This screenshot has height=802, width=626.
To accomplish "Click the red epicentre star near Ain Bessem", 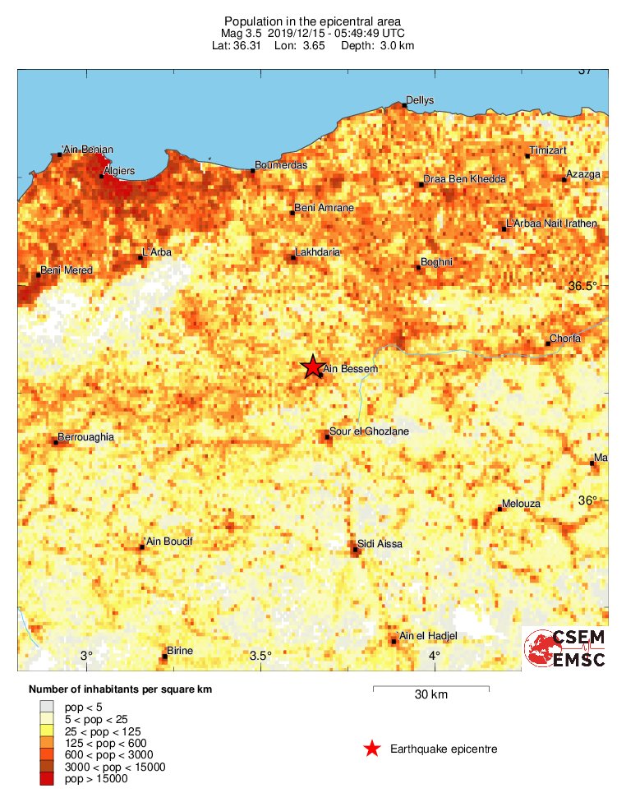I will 312,367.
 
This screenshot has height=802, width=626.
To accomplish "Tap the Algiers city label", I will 119,171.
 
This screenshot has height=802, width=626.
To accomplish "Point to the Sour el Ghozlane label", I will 368,431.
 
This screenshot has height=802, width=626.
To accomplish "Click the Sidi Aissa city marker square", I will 355,551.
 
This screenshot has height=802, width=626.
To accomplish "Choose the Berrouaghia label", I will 85,437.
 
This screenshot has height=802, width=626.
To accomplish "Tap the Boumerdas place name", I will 281,165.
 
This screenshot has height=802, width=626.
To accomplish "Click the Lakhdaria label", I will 317,252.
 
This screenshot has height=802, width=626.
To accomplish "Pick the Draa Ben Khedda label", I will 464,179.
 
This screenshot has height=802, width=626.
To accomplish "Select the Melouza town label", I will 519,505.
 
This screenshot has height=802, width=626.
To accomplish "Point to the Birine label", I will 179,651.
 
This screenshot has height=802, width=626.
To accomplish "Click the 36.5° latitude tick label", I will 583,286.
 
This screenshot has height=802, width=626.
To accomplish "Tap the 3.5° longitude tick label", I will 260,655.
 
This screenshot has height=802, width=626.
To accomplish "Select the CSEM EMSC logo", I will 565,648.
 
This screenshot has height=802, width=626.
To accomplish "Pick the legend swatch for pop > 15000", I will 48,779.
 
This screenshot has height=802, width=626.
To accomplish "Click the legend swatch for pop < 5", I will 48,706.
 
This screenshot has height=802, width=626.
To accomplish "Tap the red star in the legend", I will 372,749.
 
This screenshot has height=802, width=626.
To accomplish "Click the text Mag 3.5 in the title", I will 243,33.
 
